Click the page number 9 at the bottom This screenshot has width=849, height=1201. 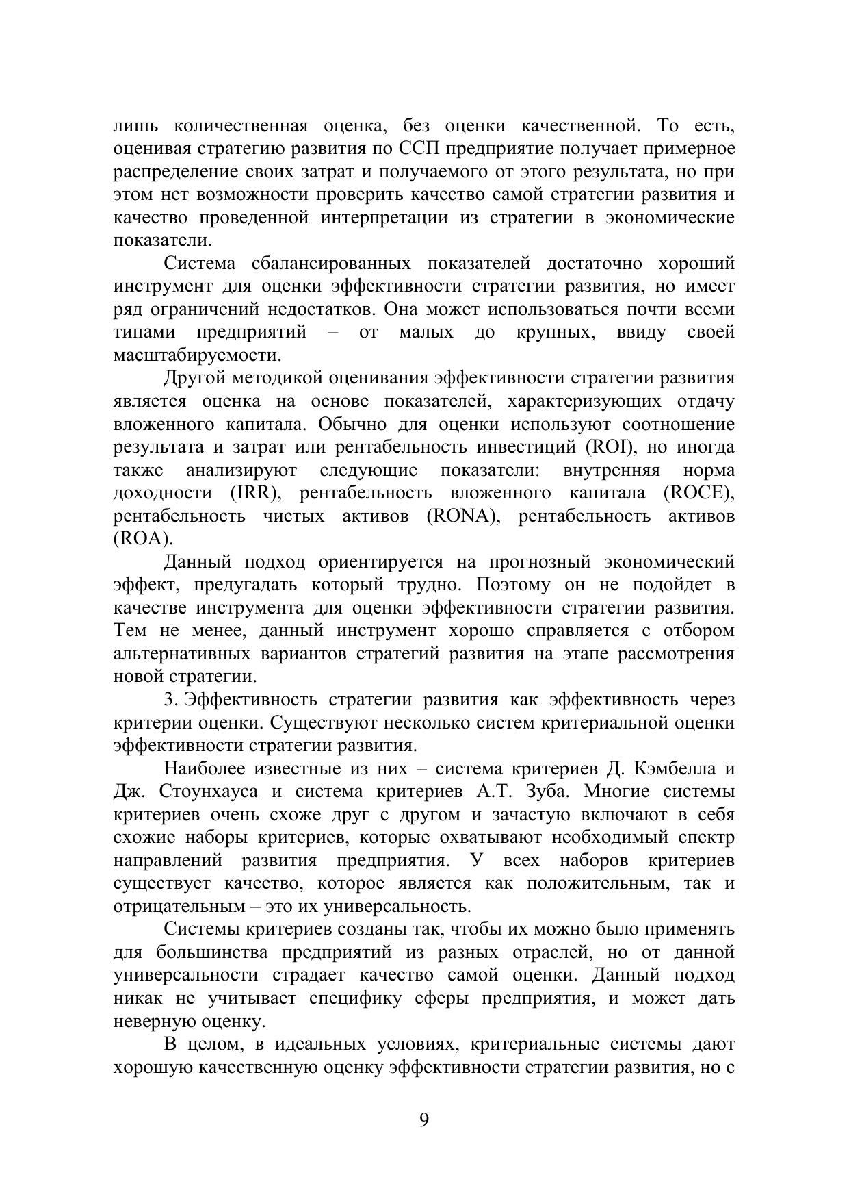(x=424, y=1120)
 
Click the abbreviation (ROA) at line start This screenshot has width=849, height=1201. (x=142, y=539)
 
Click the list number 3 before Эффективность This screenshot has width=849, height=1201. (x=170, y=700)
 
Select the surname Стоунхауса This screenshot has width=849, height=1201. (x=209, y=792)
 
